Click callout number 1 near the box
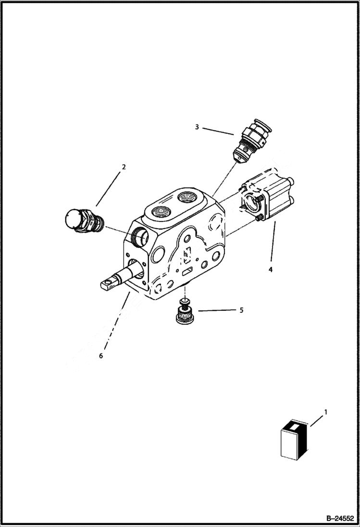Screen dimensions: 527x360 pos(326,412)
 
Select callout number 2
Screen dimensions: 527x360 pos(124,167)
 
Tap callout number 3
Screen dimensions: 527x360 pos(197,127)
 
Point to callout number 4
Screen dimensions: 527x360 pos(270,270)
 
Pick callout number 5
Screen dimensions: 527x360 pos(241,310)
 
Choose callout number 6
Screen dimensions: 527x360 pos(100,356)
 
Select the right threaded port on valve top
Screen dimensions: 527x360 pos(186,197)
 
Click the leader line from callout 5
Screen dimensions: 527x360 pos(215,311)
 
